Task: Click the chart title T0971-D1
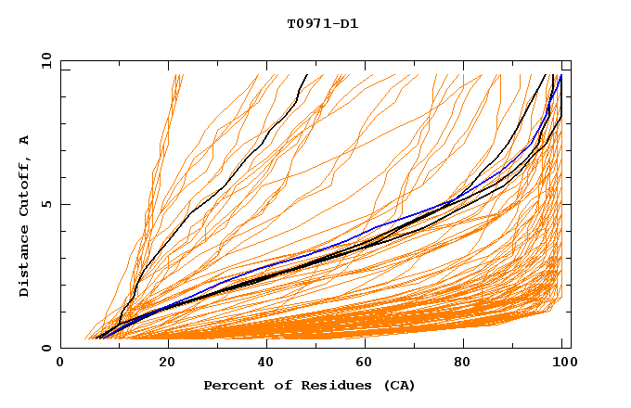pos(323,24)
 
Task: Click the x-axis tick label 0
pos(61,364)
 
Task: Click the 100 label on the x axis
pos(563,364)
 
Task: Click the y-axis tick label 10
pos(45,60)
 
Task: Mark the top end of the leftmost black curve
pos(306,74)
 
